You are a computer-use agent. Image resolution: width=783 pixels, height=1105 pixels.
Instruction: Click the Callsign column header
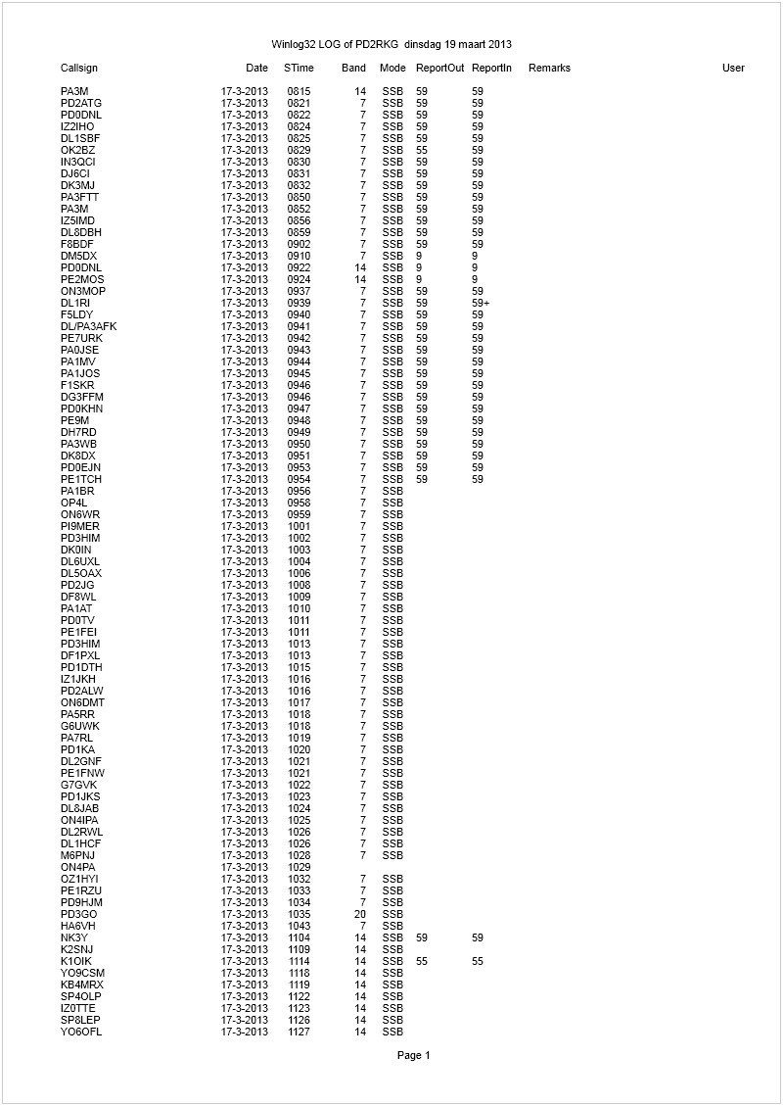coord(79,68)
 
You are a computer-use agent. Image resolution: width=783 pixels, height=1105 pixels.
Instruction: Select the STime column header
coord(299,68)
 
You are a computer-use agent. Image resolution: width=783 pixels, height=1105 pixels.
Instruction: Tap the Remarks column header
coord(549,68)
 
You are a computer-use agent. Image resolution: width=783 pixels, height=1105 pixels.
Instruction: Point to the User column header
coord(733,68)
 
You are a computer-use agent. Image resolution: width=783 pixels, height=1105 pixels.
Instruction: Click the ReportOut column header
coord(439,68)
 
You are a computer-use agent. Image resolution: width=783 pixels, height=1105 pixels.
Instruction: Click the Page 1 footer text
coord(413,1055)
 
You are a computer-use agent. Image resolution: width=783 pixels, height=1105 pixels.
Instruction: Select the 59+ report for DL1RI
coord(481,303)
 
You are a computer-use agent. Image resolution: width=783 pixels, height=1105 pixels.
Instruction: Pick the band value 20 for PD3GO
coord(360,914)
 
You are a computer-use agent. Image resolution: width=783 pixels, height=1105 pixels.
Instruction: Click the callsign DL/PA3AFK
coord(88,326)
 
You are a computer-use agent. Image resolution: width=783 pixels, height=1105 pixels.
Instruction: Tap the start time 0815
coord(299,91)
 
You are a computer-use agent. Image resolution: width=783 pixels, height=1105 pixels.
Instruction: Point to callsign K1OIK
coord(75,961)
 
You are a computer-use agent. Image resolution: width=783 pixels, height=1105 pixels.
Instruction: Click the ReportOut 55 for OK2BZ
coord(422,150)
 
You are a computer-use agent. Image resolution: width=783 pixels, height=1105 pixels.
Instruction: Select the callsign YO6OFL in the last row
coord(81,1032)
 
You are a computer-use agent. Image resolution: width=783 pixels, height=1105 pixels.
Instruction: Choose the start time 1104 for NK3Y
coord(299,937)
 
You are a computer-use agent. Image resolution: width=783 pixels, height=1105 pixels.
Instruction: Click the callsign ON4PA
coord(77,867)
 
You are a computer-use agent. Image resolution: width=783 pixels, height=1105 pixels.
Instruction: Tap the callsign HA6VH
coord(77,926)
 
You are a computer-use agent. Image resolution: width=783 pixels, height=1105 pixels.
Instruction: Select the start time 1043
coord(299,926)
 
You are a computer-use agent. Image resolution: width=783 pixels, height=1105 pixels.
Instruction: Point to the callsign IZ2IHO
coord(77,126)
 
